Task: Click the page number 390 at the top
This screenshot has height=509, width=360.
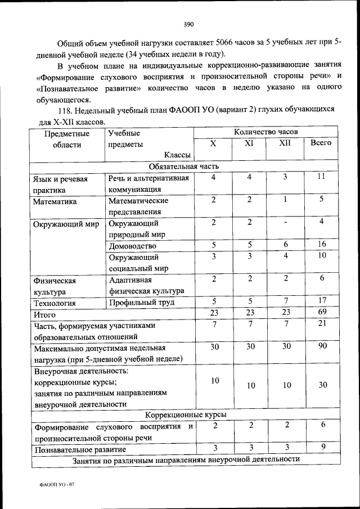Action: pyautogui.click(x=188, y=24)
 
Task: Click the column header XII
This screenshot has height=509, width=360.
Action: pyautogui.click(x=285, y=143)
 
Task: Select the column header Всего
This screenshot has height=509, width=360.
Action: pyautogui.click(x=321, y=143)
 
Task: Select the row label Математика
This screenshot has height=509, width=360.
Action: pyautogui.click(x=55, y=200)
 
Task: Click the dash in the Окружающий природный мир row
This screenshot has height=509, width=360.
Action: pyautogui.click(x=285, y=223)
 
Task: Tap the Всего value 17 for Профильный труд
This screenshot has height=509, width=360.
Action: pyautogui.click(x=321, y=301)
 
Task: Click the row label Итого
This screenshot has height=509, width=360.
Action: pyautogui.click(x=44, y=314)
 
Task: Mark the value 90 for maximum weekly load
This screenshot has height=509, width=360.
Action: pyautogui.click(x=321, y=346)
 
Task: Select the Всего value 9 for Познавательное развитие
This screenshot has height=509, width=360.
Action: pyautogui.click(x=321, y=448)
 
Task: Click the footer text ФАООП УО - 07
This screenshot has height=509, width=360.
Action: pyautogui.click(x=54, y=485)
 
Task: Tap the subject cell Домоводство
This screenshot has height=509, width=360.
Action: pyautogui.click(x=132, y=246)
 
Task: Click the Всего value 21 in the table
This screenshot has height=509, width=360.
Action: pyautogui.click(x=321, y=324)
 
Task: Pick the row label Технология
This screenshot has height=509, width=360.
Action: pyautogui.click(x=55, y=303)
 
